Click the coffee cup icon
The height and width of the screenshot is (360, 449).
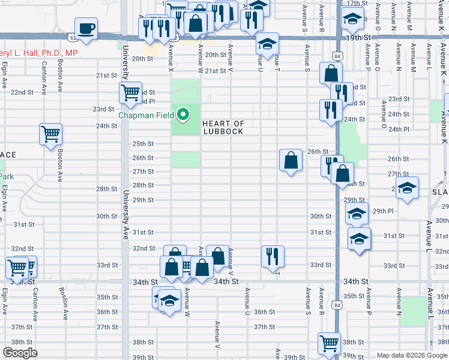86,28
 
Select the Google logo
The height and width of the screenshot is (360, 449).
20,353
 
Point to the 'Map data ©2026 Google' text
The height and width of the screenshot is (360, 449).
411,355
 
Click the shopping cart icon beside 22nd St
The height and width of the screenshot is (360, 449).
130,92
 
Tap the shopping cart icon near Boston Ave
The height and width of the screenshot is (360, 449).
51,134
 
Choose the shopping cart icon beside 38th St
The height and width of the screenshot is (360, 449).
329,344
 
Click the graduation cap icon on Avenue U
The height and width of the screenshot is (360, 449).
267,43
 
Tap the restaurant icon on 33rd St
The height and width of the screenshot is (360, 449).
273,256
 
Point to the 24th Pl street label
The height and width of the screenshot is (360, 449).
398,129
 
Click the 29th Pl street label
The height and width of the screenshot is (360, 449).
382,211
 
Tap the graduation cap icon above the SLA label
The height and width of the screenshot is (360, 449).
407,188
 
